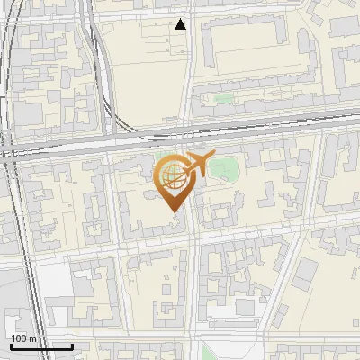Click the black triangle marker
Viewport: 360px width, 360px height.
[181, 24]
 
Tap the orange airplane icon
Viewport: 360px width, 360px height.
[197, 164]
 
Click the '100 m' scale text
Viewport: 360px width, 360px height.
[22, 338]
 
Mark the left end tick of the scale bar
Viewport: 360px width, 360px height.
[10, 345]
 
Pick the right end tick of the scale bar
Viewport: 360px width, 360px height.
[73, 345]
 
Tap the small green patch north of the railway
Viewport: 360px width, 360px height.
[222, 98]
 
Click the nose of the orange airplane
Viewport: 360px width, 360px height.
[213, 157]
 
